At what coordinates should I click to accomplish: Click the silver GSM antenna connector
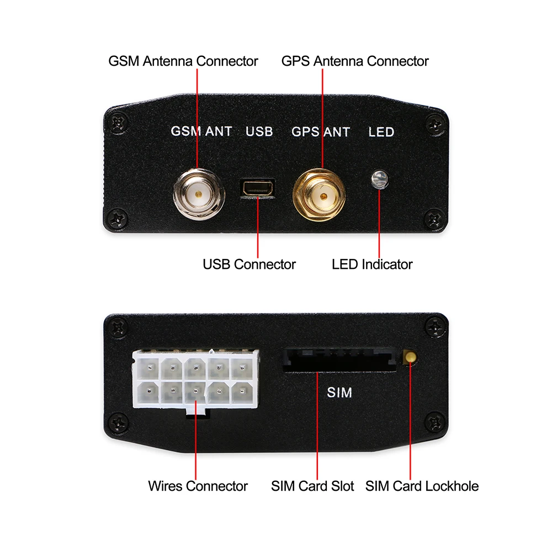pos(199,194)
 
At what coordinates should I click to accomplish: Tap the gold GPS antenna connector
pos(319,195)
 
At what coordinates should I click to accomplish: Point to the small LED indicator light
pos(380,179)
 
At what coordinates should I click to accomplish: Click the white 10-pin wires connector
pos(196,380)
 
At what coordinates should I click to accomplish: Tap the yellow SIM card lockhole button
pos(410,357)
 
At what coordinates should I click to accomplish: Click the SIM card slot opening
pos(340,360)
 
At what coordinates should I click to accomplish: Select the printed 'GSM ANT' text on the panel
pos(201,131)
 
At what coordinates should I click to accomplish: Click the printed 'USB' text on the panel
pos(259,131)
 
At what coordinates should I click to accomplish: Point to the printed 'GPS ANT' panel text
pos(321,132)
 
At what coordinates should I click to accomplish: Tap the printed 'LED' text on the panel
pos(381,132)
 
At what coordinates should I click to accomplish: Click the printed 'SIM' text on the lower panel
pos(339,392)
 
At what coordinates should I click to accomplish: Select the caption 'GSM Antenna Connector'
pos(183,61)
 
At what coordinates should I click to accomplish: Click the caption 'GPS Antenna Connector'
pos(355,61)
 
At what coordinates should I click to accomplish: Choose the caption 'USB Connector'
pos(250,264)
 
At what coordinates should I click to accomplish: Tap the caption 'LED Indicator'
pos(372,264)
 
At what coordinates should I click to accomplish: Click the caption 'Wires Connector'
pos(198,486)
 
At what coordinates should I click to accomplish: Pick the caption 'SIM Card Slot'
pos(312,486)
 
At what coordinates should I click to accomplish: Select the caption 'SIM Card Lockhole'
pos(422,486)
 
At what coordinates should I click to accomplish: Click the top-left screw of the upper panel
pos(119,122)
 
